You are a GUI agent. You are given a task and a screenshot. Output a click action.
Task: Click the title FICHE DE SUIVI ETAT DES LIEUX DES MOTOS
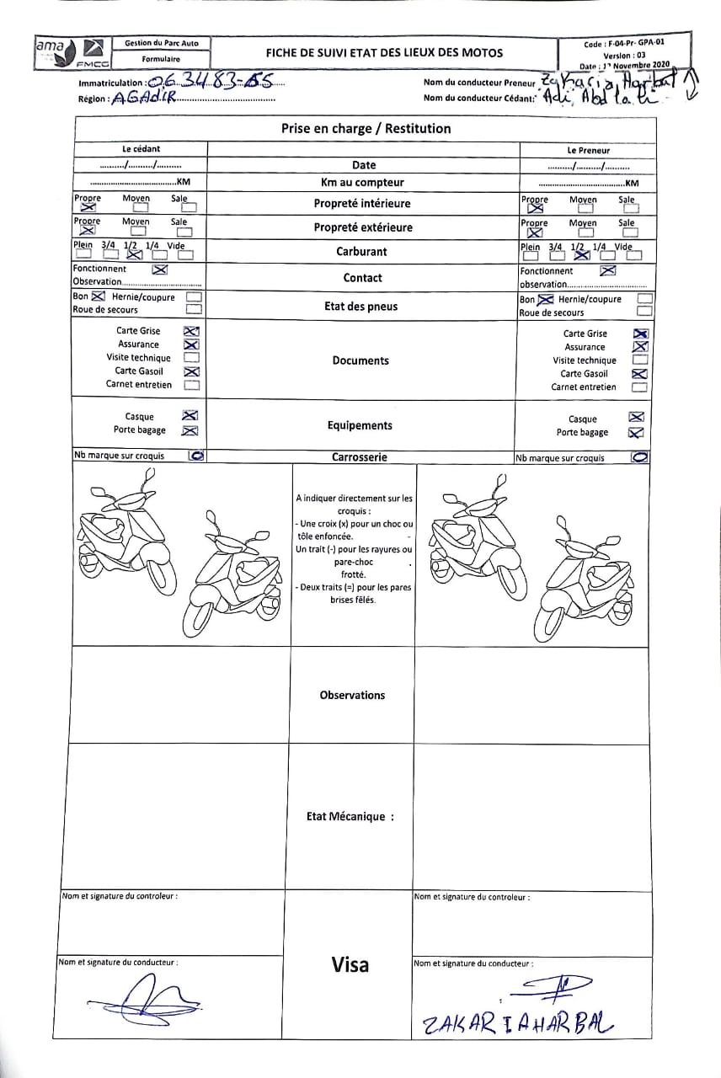384,52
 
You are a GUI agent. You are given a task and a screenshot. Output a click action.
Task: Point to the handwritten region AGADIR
142,99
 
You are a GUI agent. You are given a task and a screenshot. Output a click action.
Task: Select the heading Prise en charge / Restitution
366,129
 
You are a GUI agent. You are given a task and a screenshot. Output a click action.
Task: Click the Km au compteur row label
362,182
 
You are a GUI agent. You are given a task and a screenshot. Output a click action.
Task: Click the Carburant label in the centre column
361,251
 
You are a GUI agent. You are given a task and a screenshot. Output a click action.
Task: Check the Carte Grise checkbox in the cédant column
191,331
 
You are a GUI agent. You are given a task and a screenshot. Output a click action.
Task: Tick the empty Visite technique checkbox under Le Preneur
639,360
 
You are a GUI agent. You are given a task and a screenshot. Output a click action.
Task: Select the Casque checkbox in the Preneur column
637,417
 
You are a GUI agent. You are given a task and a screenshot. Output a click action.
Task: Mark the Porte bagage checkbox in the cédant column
190,430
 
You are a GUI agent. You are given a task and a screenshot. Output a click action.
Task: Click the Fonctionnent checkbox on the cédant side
160,269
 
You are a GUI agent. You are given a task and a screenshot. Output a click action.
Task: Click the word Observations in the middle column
352,695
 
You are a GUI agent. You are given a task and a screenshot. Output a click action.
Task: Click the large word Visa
350,964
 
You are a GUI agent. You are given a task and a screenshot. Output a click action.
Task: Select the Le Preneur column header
588,150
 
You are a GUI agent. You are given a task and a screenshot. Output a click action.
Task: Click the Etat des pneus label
360,307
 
